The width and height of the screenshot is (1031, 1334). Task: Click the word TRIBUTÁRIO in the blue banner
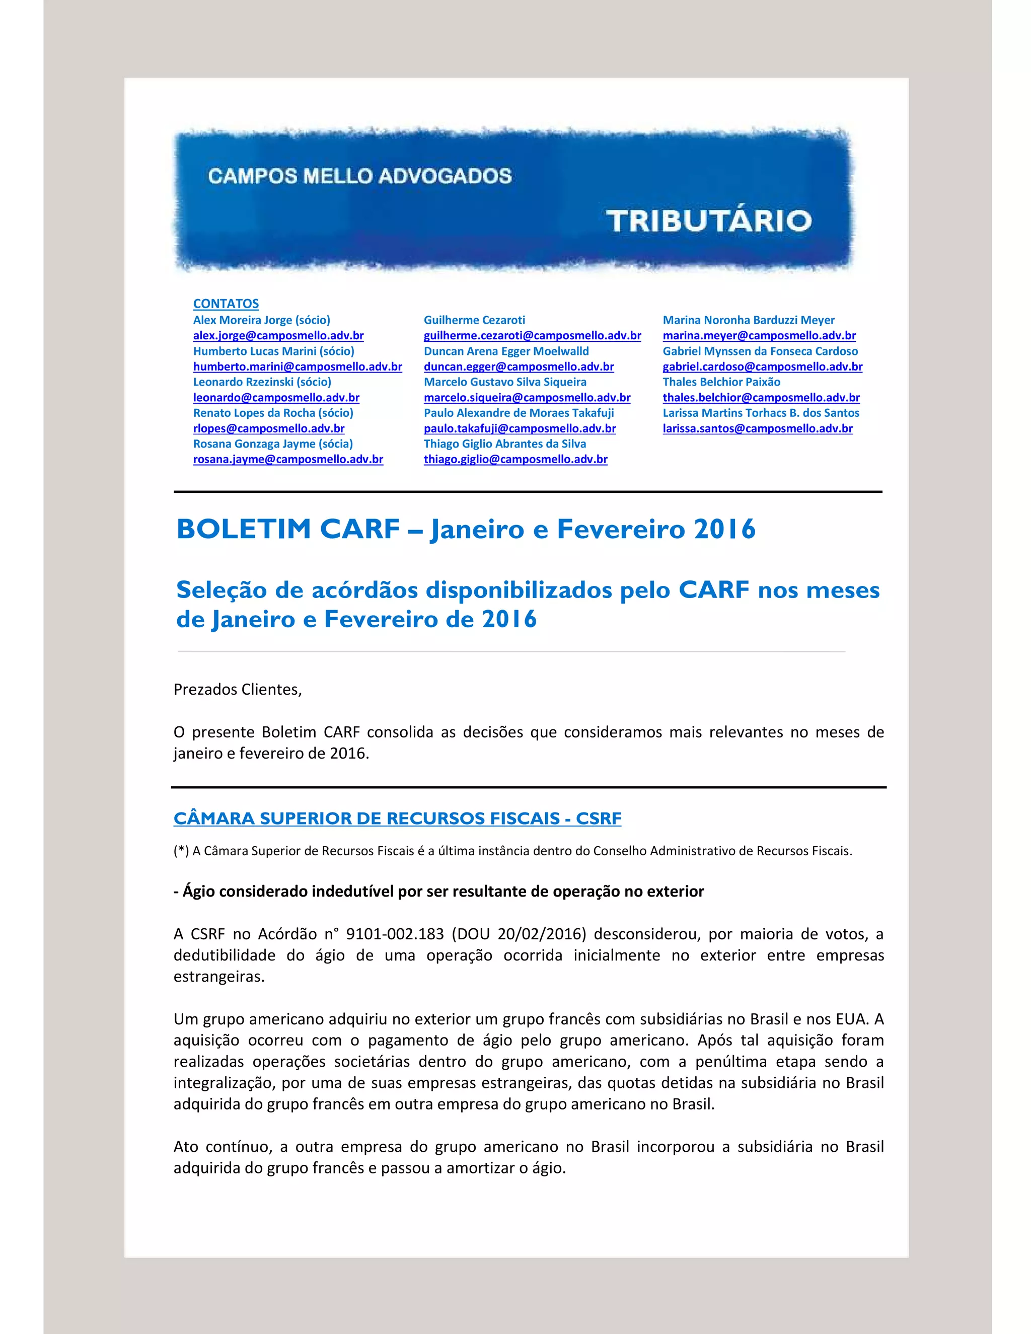(x=708, y=221)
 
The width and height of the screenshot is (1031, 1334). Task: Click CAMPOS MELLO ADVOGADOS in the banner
(x=360, y=177)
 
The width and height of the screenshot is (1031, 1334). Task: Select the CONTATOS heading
(x=226, y=304)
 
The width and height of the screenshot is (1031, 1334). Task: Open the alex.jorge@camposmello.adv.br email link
(x=278, y=335)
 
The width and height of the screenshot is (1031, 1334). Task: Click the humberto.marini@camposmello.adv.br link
(x=298, y=366)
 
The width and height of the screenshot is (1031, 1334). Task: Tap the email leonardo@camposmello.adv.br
(x=276, y=398)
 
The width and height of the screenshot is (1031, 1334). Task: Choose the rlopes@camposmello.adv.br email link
(x=269, y=428)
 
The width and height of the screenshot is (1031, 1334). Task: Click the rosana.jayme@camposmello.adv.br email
(x=288, y=459)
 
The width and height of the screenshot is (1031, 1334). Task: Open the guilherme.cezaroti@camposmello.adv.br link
(x=532, y=335)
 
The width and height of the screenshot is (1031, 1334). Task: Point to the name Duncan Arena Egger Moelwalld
(x=506, y=351)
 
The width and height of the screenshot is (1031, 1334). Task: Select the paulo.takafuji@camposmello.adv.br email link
(x=520, y=428)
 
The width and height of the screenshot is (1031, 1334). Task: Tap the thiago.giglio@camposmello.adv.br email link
(x=515, y=459)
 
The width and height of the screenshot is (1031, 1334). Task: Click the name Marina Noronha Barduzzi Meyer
(x=748, y=320)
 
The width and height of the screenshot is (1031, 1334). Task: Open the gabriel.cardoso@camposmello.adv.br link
(x=762, y=366)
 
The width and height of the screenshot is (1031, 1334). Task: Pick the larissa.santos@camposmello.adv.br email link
(x=757, y=428)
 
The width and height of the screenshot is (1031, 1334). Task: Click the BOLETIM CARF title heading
(x=466, y=529)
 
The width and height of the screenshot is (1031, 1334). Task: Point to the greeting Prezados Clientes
(x=238, y=690)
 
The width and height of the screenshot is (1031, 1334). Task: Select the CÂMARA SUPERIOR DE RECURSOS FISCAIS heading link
(x=397, y=819)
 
